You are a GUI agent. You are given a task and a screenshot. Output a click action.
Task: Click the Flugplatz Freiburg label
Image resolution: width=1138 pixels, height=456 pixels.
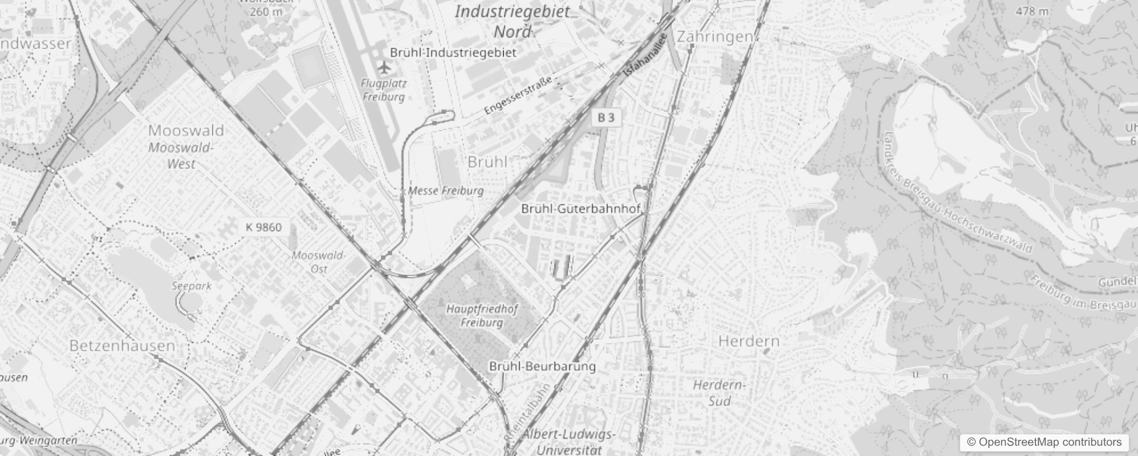[384, 90]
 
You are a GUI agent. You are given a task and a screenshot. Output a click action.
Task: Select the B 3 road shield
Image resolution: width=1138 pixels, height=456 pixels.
[606, 117]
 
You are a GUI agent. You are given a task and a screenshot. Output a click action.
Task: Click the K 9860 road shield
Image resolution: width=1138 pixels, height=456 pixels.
[263, 227]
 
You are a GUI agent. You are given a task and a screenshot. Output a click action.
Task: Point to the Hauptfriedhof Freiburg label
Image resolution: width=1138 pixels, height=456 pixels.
[482, 316]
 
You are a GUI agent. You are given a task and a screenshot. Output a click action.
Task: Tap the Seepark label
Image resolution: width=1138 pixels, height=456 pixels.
[192, 286]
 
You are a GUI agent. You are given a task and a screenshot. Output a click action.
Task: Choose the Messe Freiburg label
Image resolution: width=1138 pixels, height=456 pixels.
[446, 191]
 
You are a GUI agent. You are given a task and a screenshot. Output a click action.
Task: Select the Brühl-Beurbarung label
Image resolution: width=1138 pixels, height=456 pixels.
[542, 367]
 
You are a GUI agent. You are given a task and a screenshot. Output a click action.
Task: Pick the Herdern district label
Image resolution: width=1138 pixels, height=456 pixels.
[749, 341]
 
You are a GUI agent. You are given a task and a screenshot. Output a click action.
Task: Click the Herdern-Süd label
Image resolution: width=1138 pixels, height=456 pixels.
[720, 393]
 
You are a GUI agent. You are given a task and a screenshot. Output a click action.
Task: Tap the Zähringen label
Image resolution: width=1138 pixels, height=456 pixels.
[714, 37]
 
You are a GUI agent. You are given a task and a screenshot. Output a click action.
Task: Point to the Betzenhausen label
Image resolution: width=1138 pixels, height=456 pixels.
[122, 345]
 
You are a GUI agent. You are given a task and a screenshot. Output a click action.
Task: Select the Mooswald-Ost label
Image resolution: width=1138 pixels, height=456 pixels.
[318, 262]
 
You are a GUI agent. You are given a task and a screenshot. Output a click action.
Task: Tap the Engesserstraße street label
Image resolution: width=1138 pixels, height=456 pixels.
[518, 96]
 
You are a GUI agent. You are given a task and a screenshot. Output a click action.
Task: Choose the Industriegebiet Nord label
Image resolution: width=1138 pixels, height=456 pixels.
[512, 21]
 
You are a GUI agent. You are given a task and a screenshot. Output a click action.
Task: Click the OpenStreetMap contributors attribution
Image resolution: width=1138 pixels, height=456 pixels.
[1043, 442]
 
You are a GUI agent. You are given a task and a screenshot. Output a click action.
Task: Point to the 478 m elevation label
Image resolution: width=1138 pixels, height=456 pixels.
[1032, 11]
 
